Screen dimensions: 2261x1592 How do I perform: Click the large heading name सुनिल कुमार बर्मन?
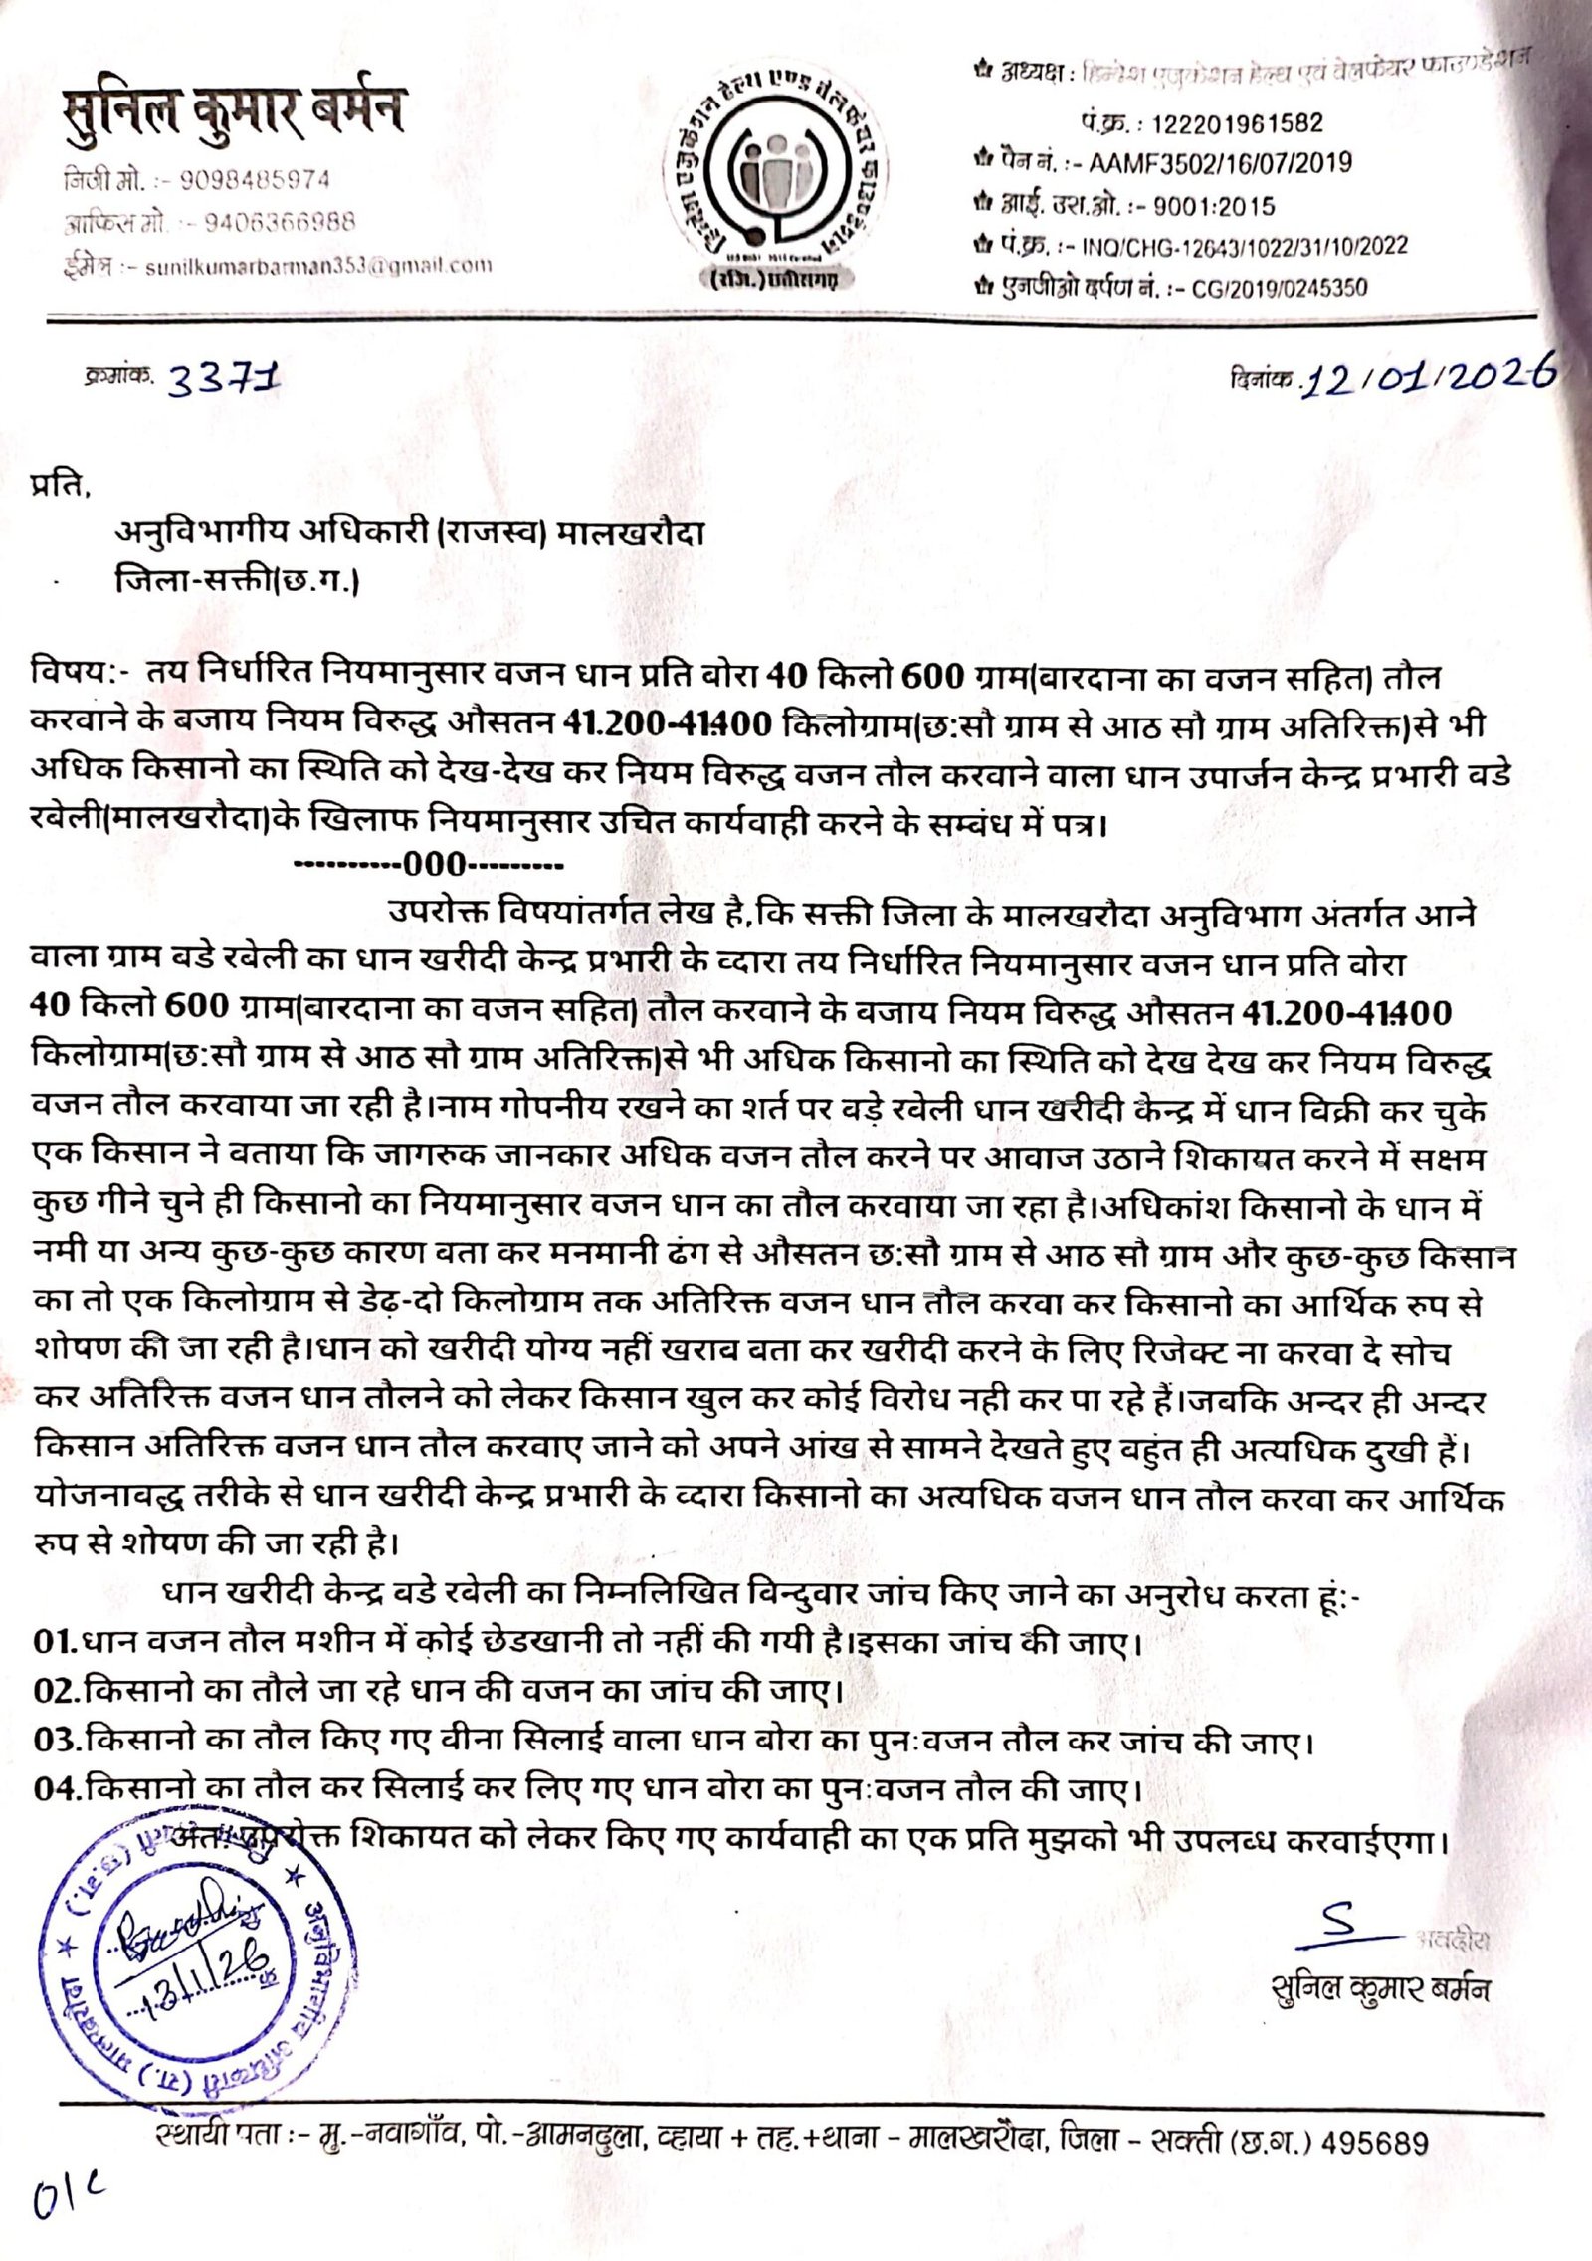click(x=233, y=110)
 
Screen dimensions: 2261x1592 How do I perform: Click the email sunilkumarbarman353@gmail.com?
click(x=318, y=266)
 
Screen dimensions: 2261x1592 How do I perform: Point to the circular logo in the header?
click(x=776, y=179)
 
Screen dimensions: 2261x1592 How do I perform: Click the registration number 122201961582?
click(x=1237, y=123)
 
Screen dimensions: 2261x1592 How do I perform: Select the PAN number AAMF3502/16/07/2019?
click(x=1220, y=162)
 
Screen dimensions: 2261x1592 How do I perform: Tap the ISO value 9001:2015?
click(x=1213, y=206)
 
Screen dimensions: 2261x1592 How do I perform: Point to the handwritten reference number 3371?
click(x=224, y=379)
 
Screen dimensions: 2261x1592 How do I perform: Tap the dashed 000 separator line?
click(x=430, y=863)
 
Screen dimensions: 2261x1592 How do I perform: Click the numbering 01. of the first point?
click(x=55, y=1641)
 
